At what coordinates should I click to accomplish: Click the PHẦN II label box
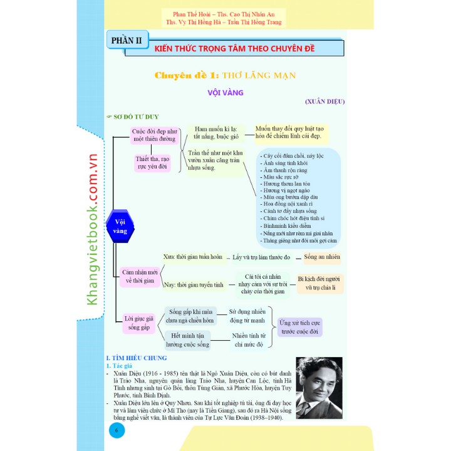coord(126,42)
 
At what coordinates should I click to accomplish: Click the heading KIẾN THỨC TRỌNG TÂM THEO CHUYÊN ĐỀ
coord(234,48)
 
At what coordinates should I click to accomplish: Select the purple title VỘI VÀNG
coord(225,92)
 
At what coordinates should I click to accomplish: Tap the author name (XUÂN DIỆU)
coord(324,101)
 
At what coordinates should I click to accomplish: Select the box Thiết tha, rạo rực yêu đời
coord(152,163)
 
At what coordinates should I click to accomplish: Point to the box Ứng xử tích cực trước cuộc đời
coord(299,326)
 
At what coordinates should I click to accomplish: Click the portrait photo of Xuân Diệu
coord(319,388)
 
